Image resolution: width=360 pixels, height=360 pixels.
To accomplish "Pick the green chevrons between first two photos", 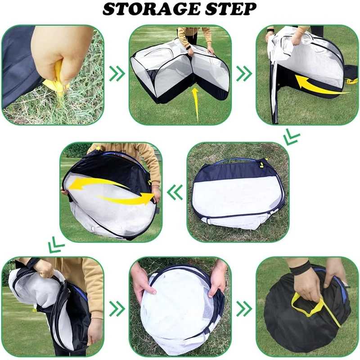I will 117,73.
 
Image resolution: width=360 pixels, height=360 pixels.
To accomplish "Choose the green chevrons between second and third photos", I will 244,73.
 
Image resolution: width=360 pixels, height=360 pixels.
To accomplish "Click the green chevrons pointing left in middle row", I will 175,192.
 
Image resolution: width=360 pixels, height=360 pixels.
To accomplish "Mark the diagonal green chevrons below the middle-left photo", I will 56,245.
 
